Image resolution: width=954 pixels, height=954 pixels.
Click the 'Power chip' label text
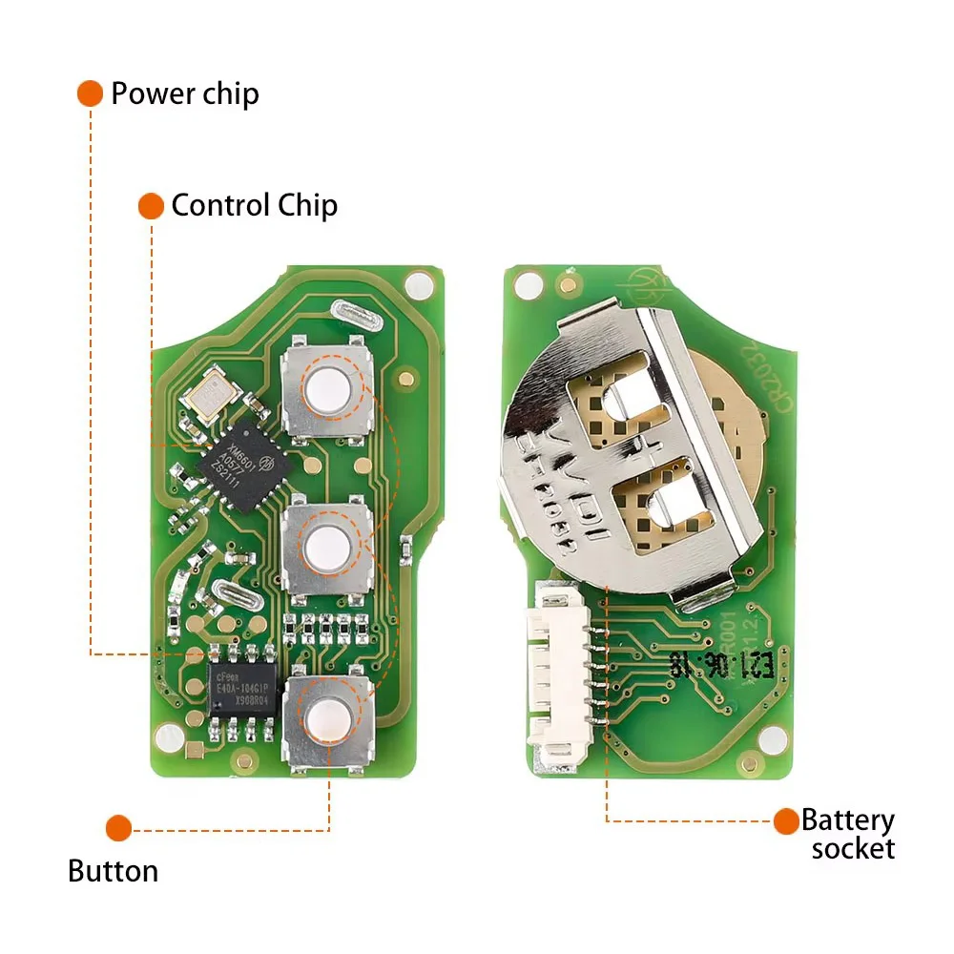point(184,93)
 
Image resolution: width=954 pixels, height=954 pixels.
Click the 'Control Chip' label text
point(254,205)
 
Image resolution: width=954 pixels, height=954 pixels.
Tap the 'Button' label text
point(113,871)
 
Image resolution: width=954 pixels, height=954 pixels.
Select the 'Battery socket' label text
point(847,834)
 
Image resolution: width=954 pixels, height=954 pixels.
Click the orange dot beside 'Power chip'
point(90,93)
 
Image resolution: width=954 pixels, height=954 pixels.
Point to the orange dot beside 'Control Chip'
point(151,205)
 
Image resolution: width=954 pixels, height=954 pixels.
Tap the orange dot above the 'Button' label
point(118,827)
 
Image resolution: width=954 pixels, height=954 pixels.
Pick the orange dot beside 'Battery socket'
point(786,820)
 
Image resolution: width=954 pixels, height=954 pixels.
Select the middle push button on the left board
point(326,547)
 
